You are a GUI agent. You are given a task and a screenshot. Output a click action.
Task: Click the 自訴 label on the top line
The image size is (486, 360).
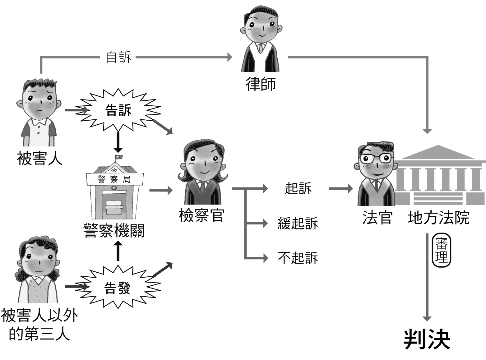(x=118, y=57)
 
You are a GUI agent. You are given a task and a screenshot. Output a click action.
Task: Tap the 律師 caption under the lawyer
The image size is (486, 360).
(x=261, y=84)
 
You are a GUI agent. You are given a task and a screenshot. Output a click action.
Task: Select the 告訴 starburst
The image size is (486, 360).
(x=118, y=110)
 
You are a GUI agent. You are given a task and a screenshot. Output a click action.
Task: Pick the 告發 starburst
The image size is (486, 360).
(x=117, y=288)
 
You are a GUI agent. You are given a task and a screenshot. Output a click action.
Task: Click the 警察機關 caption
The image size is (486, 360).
(x=114, y=231)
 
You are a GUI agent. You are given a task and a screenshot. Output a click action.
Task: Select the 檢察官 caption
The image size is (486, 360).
(x=201, y=215)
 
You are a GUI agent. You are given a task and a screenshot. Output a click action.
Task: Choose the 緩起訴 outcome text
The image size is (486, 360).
(x=298, y=223)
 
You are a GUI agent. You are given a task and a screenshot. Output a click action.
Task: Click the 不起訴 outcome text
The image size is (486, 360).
(x=298, y=258)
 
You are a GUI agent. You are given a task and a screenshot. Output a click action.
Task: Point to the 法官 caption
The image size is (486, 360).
(x=377, y=217)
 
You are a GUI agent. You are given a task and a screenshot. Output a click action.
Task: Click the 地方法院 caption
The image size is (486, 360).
(x=438, y=217)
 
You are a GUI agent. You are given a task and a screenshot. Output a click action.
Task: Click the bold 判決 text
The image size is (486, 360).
(x=427, y=340)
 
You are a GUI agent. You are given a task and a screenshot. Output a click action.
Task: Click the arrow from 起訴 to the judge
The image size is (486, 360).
(x=340, y=188)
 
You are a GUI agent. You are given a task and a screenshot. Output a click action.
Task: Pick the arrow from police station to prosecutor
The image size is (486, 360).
(x=160, y=190)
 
